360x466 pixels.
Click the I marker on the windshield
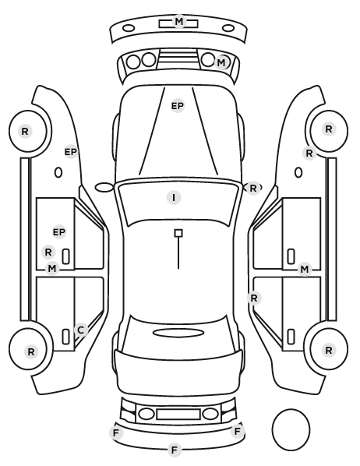click(x=174, y=198)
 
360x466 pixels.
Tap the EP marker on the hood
click(x=178, y=106)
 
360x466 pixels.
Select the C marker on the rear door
click(x=81, y=330)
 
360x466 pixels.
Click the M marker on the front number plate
click(x=179, y=21)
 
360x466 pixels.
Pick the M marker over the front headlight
click(x=221, y=62)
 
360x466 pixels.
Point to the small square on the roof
click(x=178, y=233)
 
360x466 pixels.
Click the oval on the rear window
click(x=178, y=333)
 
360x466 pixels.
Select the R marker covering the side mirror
click(x=253, y=188)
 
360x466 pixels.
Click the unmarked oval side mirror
click(x=104, y=188)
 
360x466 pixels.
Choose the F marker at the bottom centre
click(x=175, y=450)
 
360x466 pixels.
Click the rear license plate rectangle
click(x=178, y=415)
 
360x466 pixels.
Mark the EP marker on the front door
click(x=59, y=231)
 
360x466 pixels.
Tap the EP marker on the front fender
click(x=71, y=152)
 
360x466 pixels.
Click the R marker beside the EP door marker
click(x=48, y=252)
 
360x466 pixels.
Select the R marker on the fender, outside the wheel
click(x=309, y=154)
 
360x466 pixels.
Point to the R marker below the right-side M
click(x=254, y=298)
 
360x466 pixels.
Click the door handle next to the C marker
click(x=65, y=337)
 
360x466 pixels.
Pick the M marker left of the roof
click(x=52, y=269)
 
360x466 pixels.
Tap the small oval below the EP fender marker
click(x=58, y=172)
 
